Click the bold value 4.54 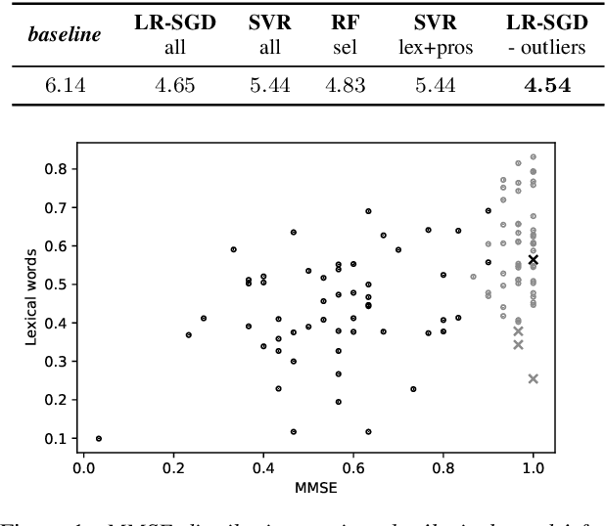546,86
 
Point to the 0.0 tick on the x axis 83,466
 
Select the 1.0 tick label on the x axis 534,466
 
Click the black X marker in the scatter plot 534,260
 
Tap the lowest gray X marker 534,378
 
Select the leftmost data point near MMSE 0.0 99,439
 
